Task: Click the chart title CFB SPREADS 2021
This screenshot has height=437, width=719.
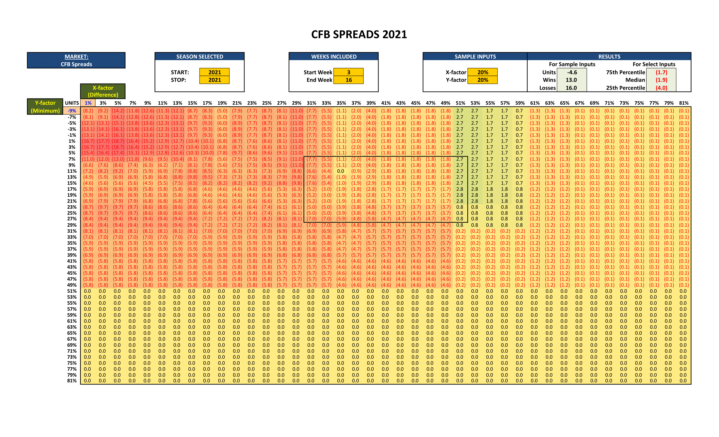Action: click(359, 34)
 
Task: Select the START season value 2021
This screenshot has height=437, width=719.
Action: click(214, 72)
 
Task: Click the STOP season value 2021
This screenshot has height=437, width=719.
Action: click(214, 80)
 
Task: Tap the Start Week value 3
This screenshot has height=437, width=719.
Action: click(348, 72)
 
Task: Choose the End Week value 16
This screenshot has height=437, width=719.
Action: click(348, 80)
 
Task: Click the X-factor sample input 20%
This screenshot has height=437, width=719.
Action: click(482, 72)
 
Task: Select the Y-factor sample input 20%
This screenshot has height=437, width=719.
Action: click(482, 80)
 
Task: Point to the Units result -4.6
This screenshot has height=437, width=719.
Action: click(572, 72)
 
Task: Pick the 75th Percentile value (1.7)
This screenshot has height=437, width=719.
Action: click(661, 72)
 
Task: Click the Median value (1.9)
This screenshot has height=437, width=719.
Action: click(661, 80)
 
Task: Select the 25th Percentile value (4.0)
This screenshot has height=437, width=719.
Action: click(661, 88)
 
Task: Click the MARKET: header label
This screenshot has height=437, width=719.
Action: click(77, 57)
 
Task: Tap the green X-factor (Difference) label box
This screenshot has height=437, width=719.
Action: click(103, 91)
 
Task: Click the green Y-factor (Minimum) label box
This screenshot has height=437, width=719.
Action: click(45, 107)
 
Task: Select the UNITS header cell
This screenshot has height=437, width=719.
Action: click(72, 103)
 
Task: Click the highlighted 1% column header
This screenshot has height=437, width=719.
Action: click(88, 103)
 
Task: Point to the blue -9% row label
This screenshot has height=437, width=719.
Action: click(72, 111)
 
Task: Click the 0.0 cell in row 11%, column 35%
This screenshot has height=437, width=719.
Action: click(340, 171)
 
